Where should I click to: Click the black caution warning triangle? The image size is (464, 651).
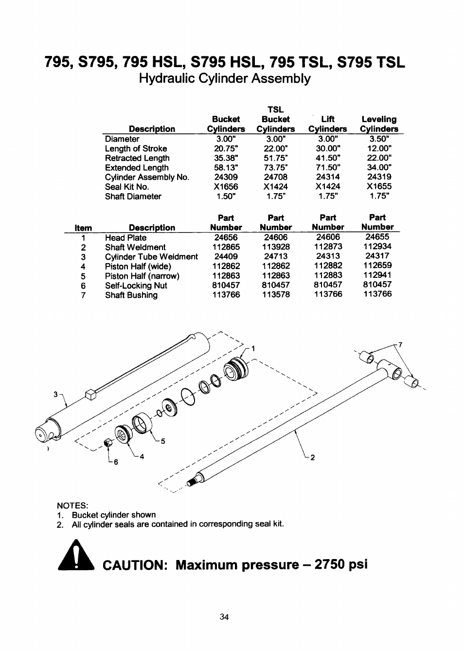pos(75,556)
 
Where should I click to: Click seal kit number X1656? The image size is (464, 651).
pos(226,187)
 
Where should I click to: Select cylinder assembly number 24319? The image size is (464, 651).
pos(379,177)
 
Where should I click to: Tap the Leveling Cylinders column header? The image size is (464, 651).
pos(379,124)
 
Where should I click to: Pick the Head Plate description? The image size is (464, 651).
pos(125,237)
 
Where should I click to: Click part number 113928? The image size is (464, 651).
pos(276,247)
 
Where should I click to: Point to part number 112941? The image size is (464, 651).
pos(377,275)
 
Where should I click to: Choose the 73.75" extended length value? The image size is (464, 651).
pos(276,168)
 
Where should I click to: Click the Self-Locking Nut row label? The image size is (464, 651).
pos(136,286)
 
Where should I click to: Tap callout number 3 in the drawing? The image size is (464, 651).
pos(55,394)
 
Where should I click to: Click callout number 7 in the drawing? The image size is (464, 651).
pos(400,345)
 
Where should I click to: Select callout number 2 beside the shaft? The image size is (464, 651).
pos(313,457)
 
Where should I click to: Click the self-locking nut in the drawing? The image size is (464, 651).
pos(109,444)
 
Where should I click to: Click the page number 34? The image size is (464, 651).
pos(224,617)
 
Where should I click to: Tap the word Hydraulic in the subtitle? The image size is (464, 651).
pos(163,79)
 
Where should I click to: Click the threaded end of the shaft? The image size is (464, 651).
pos(192,482)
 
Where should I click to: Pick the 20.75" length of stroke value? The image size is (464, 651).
pos(226,149)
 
